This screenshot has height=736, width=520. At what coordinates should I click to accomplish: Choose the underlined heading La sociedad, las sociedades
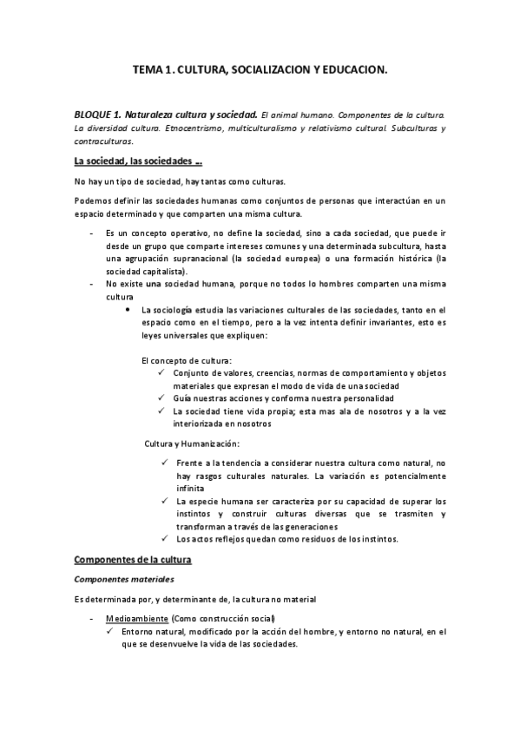(x=138, y=161)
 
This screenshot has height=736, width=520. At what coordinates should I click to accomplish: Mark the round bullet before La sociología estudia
(x=128, y=309)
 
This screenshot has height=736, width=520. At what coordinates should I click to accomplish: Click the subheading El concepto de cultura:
(x=186, y=359)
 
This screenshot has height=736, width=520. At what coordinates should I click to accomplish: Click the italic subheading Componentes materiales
(x=125, y=579)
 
